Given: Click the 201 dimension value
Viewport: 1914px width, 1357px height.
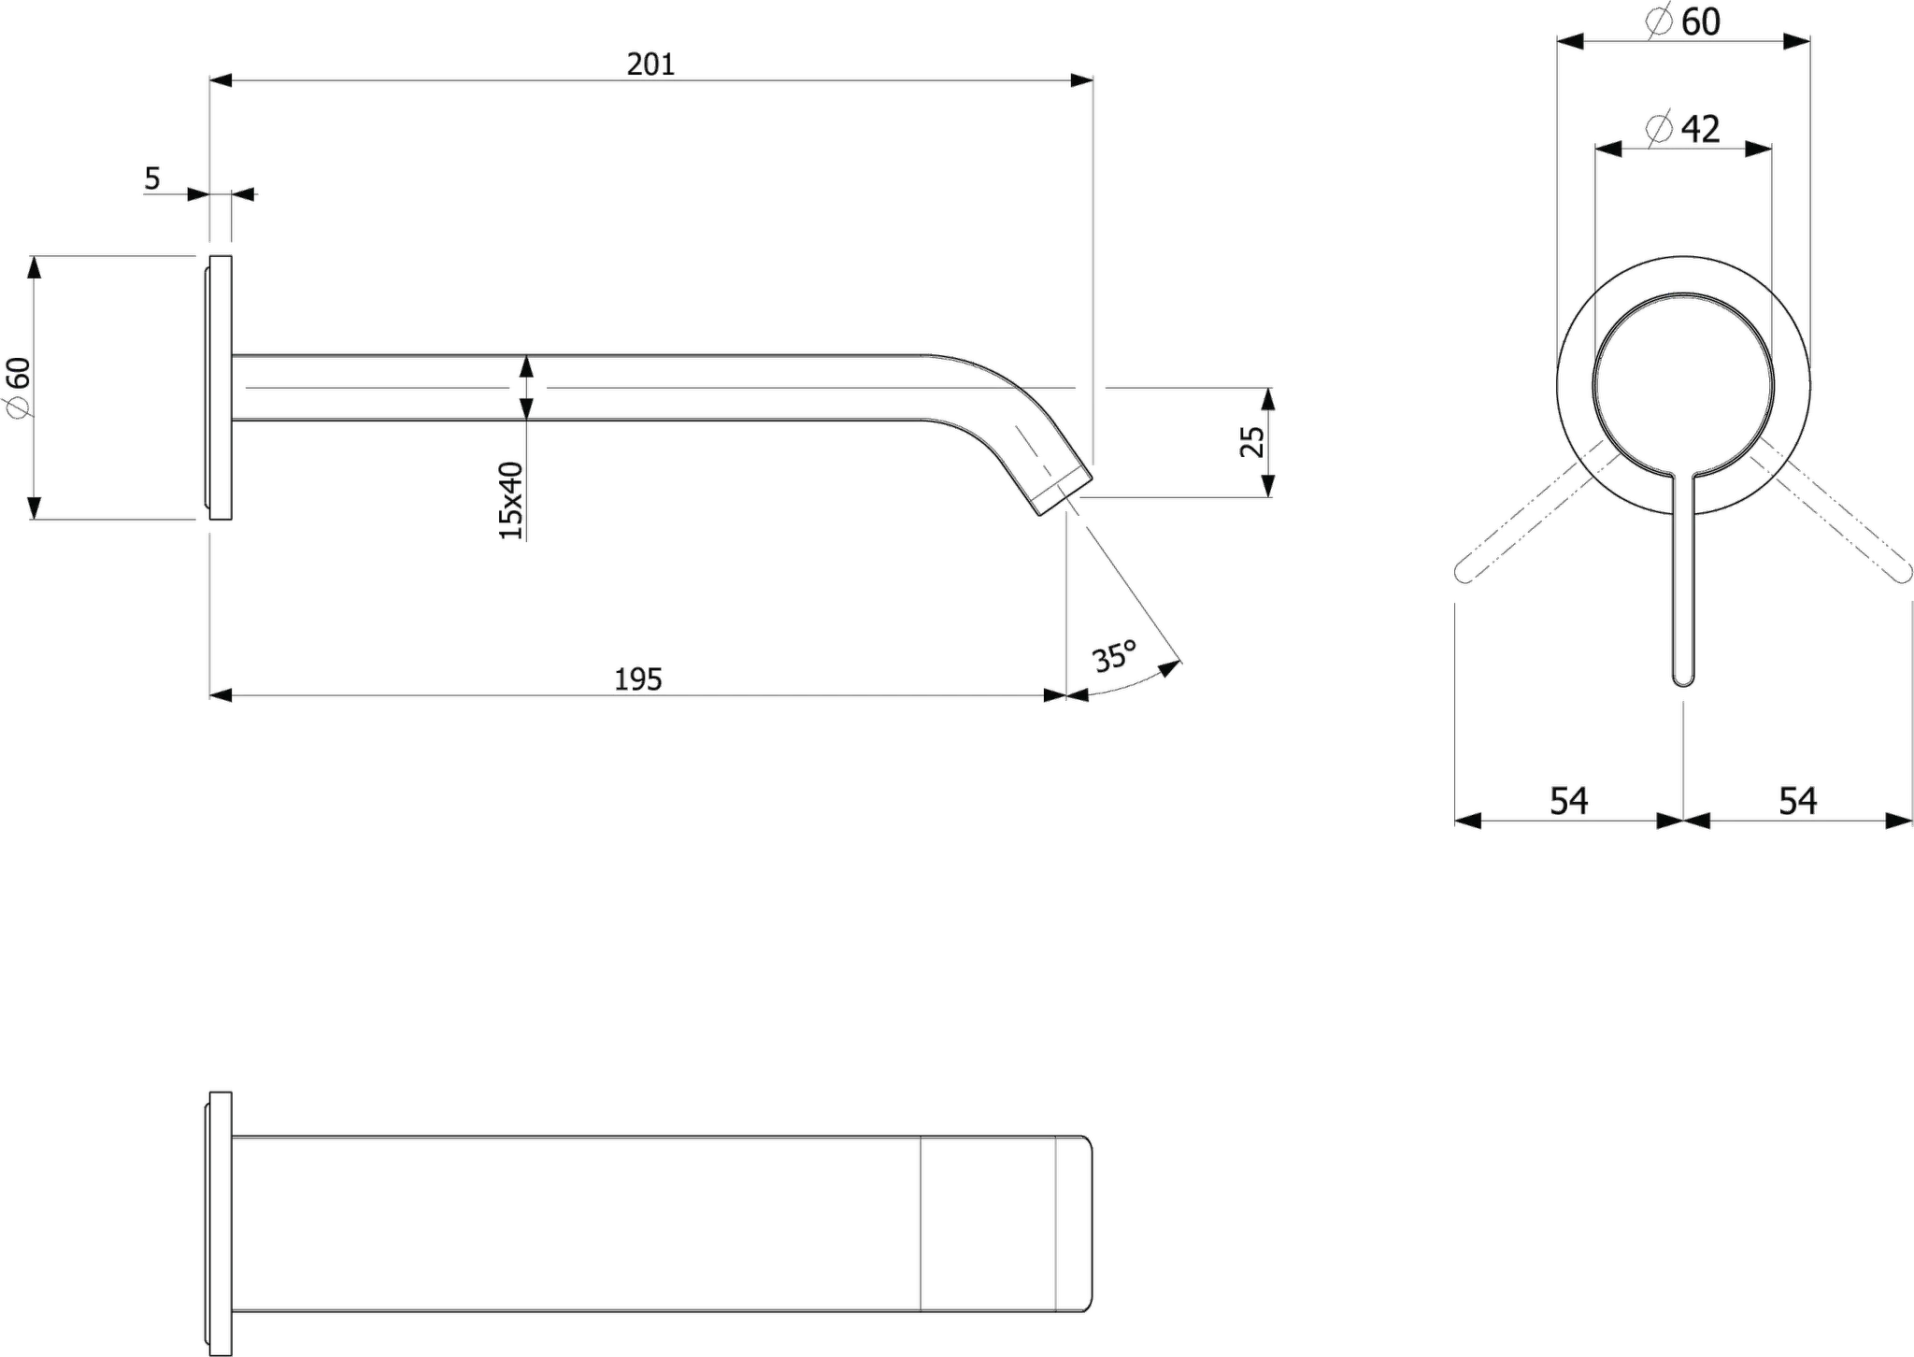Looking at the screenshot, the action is pyautogui.click(x=650, y=64).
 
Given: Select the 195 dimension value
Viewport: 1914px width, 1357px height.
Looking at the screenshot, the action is pyautogui.click(x=638, y=679).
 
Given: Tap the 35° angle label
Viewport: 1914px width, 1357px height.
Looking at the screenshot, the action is pyautogui.click(x=1115, y=656).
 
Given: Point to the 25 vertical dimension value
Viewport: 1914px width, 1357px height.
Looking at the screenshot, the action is pyautogui.click(x=1251, y=441).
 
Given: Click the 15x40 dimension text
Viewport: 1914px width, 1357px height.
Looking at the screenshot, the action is pyautogui.click(x=510, y=500).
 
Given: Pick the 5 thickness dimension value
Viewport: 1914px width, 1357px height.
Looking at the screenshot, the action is pyautogui.click(x=152, y=178).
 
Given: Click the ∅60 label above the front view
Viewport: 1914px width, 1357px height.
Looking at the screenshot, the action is pyautogui.click(x=1683, y=21).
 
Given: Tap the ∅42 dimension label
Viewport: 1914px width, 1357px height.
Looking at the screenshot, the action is pyautogui.click(x=1683, y=128).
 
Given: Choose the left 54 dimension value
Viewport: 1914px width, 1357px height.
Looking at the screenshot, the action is pyautogui.click(x=1569, y=801).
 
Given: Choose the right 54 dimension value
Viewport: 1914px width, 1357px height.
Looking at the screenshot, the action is pyautogui.click(x=1797, y=801).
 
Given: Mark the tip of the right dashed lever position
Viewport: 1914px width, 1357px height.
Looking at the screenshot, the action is pyautogui.click(x=1904, y=574).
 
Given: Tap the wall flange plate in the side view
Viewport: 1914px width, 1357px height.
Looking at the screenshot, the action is pyautogui.click(x=220, y=387).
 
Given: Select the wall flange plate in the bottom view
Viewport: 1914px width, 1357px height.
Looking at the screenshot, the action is pyautogui.click(x=220, y=1223).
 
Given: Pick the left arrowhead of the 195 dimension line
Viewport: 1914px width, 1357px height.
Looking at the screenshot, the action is pyautogui.click(x=221, y=695).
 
